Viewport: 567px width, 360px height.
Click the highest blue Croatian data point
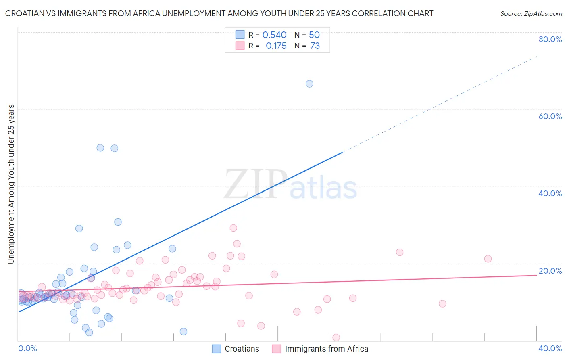click(x=309, y=84)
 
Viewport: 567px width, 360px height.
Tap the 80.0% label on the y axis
click(x=550, y=39)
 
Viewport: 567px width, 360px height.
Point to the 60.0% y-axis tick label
click(x=550, y=116)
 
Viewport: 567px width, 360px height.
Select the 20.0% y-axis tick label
click(x=550, y=271)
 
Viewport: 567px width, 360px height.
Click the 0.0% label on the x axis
click(x=27, y=348)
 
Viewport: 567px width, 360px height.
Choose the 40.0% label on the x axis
click(x=550, y=348)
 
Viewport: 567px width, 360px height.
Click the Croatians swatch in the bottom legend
click(x=217, y=349)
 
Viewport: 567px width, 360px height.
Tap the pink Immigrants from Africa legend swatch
click(x=276, y=349)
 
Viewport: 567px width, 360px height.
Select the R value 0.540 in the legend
click(x=274, y=35)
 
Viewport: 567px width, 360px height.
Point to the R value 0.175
click(x=276, y=46)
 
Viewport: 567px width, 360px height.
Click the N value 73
click(x=315, y=46)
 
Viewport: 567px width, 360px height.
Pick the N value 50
click(x=314, y=35)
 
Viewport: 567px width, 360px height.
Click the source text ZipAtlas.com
click(x=531, y=14)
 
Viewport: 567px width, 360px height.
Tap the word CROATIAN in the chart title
click(x=24, y=14)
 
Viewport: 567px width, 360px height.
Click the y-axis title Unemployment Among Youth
click(x=11, y=184)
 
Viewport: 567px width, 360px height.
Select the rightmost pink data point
click(x=488, y=259)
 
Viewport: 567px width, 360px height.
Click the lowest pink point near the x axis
click(x=336, y=337)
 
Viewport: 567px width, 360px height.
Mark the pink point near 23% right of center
click(x=400, y=252)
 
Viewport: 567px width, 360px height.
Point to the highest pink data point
click(x=233, y=228)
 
